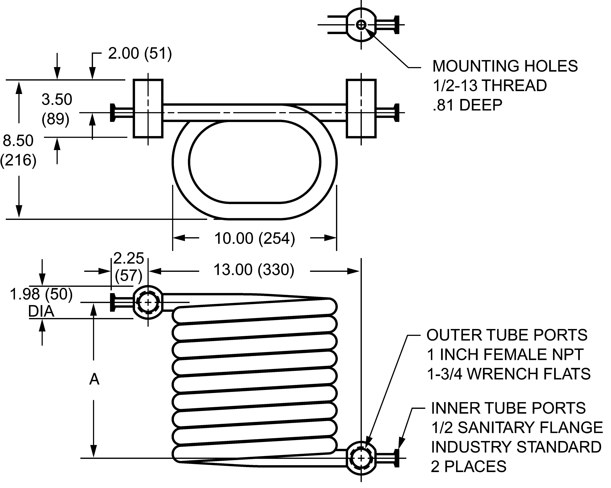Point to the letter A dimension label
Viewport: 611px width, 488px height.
coord(94,379)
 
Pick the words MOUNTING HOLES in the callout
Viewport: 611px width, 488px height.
coord(505,66)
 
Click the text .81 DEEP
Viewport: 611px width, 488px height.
coord(467,105)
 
